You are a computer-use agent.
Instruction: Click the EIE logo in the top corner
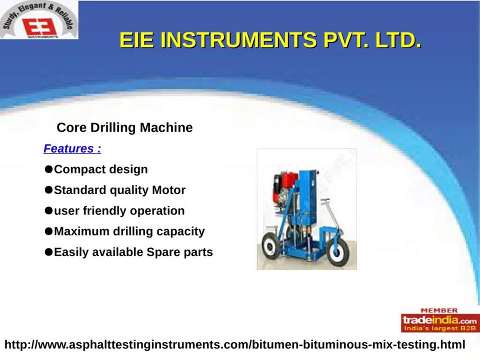[39, 21]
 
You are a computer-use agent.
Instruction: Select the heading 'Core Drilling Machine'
[124, 127]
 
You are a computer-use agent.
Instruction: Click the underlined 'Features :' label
[72, 148]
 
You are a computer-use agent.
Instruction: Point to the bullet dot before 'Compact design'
[48, 169]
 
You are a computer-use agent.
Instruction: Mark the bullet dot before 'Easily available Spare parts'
[48, 252]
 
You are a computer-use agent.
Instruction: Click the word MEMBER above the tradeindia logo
[438, 310]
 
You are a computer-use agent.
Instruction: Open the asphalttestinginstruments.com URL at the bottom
[234, 344]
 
